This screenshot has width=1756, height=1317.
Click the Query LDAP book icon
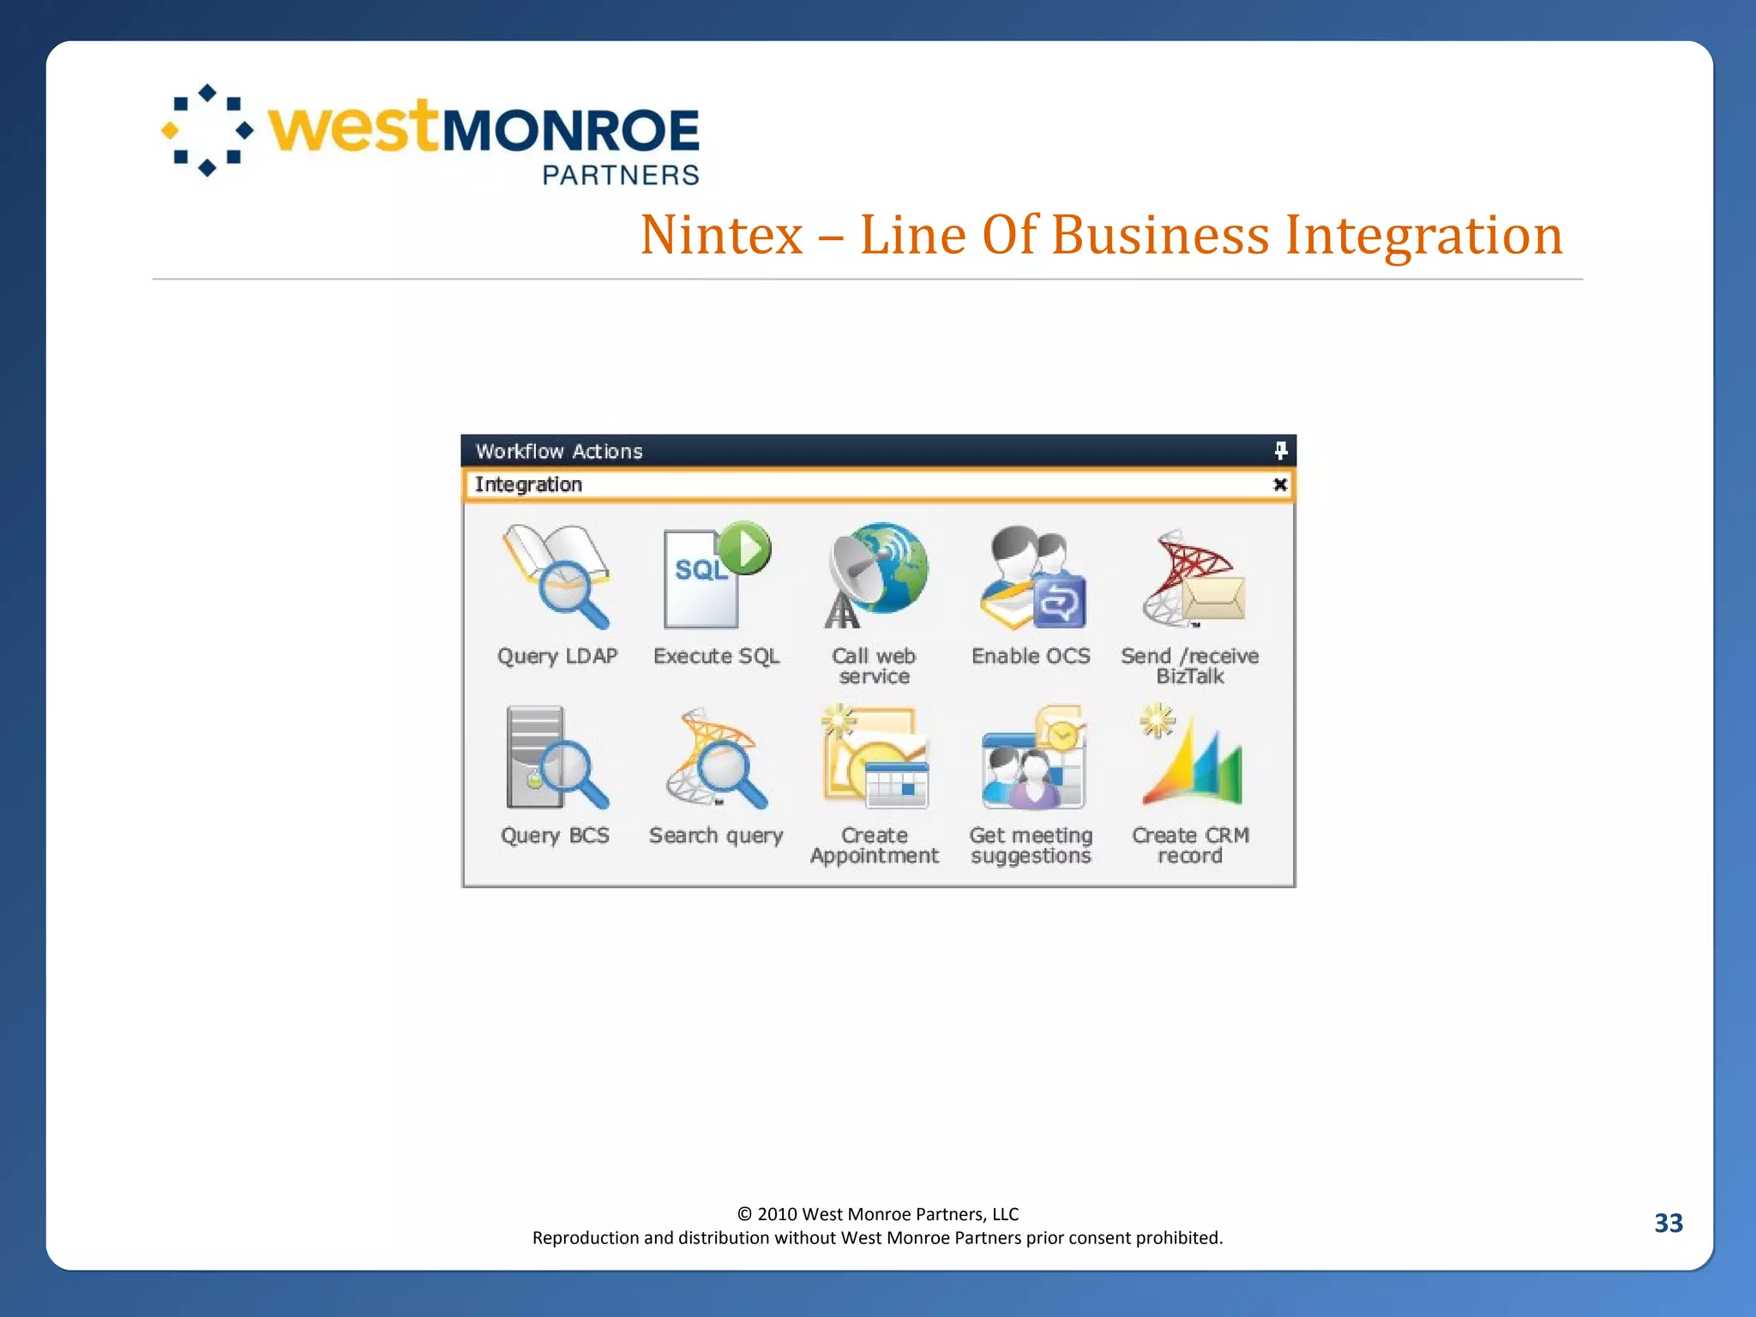[x=556, y=577]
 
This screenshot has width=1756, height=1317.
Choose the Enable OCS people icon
[x=1032, y=577]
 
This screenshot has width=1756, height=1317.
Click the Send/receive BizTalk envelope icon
[x=1193, y=579]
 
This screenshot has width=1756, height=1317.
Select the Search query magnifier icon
[x=716, y=759]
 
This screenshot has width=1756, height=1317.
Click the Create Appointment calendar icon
[x=875, y=758]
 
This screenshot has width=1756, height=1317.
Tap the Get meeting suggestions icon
[x=1032, y=758]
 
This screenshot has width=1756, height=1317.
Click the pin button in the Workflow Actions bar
[x=1280, y=450]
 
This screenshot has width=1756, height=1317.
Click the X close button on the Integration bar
[x=1280, y=484]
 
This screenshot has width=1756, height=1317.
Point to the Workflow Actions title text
[x=559, y=451]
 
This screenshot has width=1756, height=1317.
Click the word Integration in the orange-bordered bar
[x=528, y=484]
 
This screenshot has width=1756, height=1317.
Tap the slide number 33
[x=1668, y=1223]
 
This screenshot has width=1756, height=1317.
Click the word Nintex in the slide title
[x=721, y=235]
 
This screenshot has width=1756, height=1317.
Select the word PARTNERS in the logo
[x=621, y=175]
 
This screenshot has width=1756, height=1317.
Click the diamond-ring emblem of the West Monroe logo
[x=207, y=130]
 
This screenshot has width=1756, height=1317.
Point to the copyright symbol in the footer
[x=744, y=1214]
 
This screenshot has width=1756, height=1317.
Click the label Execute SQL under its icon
[x=716, y=656]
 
